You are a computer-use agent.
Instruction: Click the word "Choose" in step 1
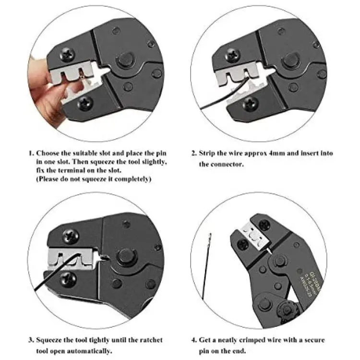coord(48,153)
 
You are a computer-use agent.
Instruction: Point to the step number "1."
coord(32,153)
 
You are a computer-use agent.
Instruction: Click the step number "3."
coord(32,340)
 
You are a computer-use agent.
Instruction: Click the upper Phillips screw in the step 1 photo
coord(67,55)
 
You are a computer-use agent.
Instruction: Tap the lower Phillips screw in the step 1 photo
coord(85,104)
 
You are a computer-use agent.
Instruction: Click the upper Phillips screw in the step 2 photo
coord(233,55)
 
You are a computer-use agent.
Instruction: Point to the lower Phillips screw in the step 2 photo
coord(251,104)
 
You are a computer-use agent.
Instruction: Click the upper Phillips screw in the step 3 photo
coord(71,236)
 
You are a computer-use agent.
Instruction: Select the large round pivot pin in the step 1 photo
coord(125,60)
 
